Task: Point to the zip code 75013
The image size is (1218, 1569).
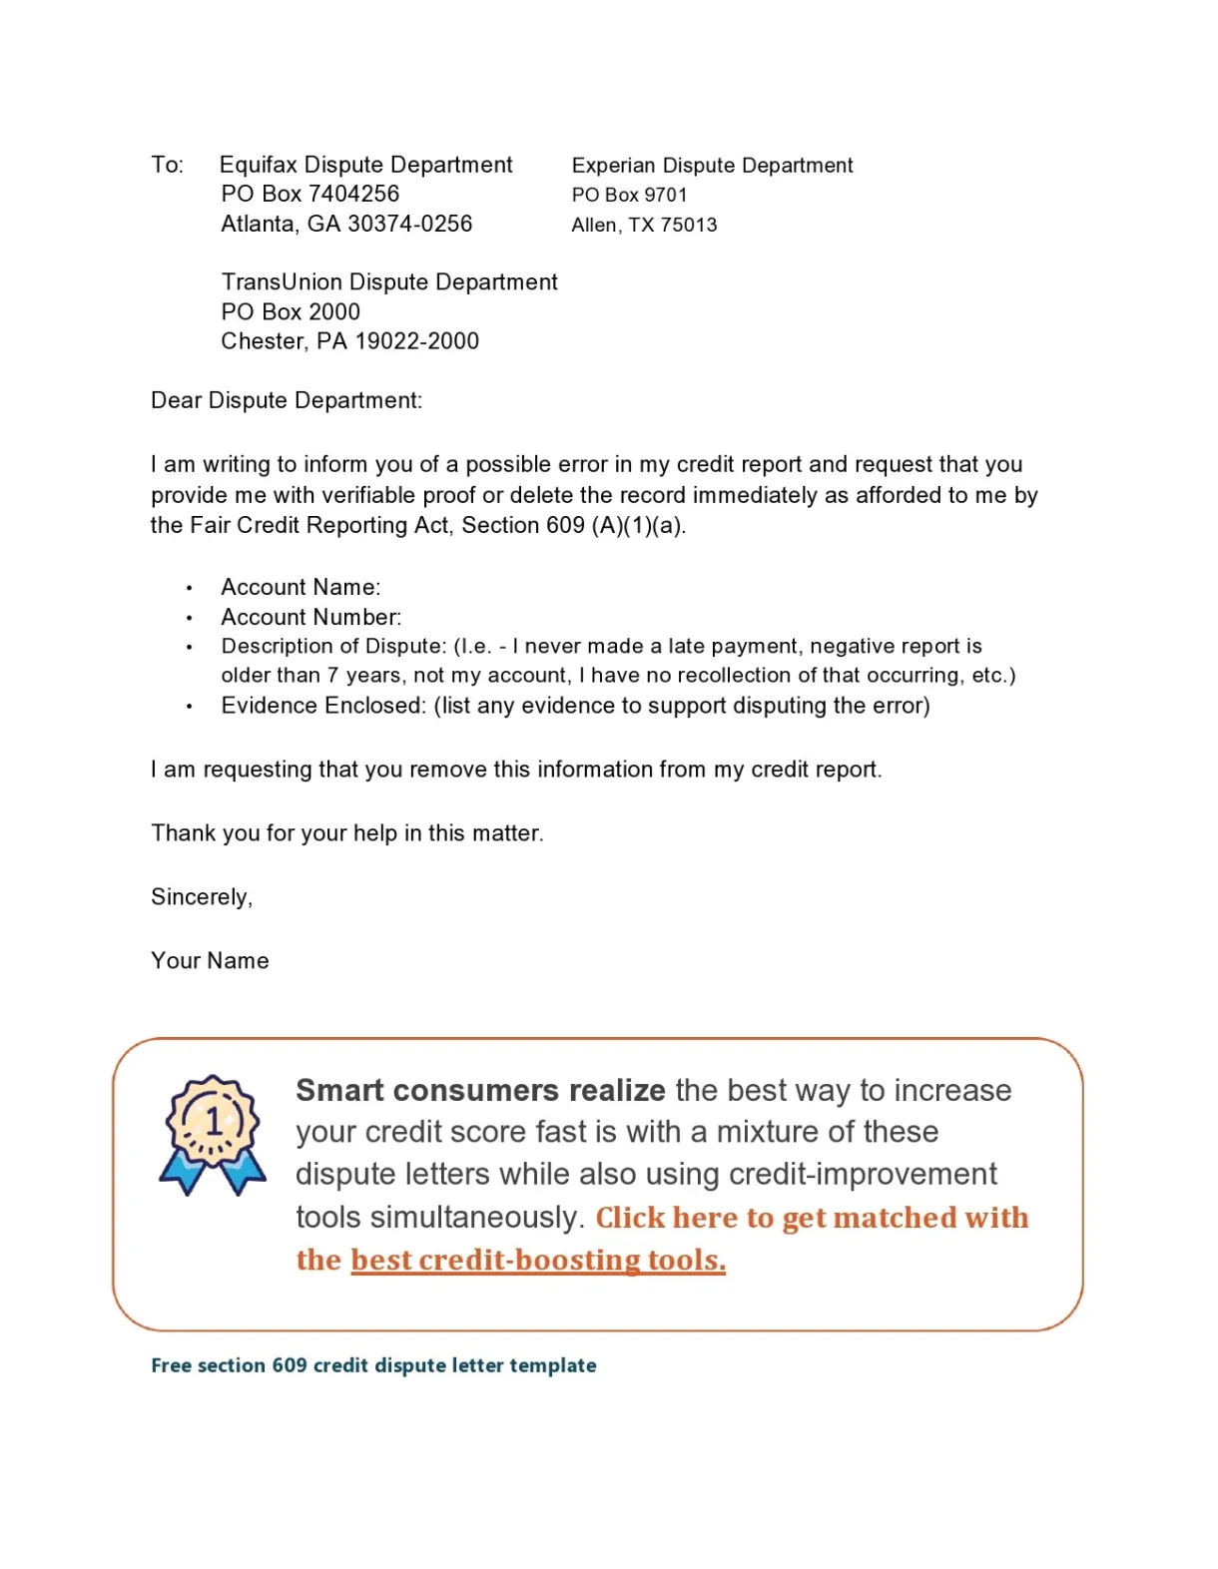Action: (x=689, y=226)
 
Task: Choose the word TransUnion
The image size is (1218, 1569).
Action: (x=281, y=282)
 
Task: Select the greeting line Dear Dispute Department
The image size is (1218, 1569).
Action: (x=287, y=400)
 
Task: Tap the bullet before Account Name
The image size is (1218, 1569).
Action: (x=189, y=589)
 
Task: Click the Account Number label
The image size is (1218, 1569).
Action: (x=310, y=618)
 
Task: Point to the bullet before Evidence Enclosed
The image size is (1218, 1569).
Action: (x=189, y=707)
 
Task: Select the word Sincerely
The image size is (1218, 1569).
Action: (x=202, y=897)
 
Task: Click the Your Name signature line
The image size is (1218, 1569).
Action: (x=210, y=961)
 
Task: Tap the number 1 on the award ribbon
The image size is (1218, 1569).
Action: (x=214, y=1122)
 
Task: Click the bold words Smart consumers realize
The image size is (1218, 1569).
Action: (x=480, y=1090)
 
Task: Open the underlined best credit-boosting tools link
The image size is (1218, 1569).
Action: (x=538, y=1261)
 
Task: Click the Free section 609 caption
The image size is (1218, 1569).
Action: (x=373, y=1365)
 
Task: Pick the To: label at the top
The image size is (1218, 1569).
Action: (x=168, y=165)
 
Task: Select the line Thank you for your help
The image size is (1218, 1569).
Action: (x=346, y=833)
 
